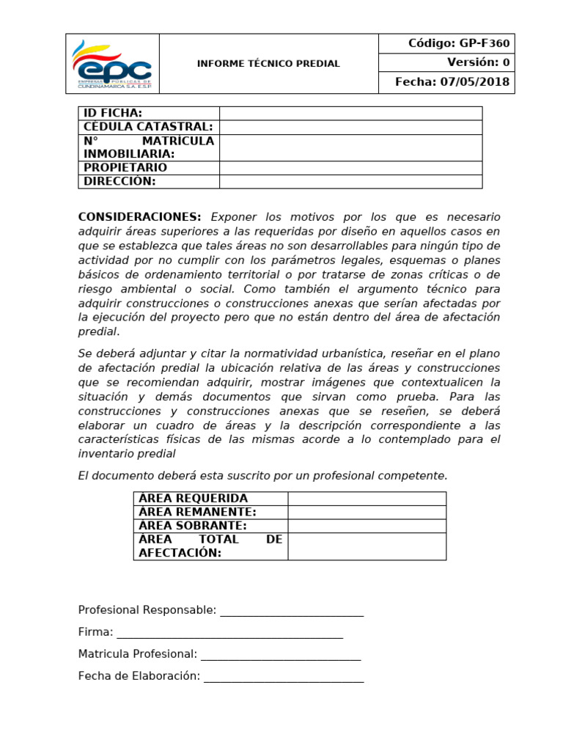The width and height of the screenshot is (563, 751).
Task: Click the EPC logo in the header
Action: pyautogui.click(x=112, y=64)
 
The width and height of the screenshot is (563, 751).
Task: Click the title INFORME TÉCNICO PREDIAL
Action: pyautogui.click(x=268, y=64)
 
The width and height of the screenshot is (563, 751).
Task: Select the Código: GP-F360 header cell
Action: pyautogui.click(x=446, y=44)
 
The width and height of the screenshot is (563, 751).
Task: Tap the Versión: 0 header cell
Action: pyautogui.click(x=446, y=62)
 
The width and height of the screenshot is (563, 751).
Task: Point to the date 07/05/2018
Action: pyautogui.click(x=474, y=82)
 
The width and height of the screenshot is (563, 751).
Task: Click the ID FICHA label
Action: pyautogui.click(x=113, y=113)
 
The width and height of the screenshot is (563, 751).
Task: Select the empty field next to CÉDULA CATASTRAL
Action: pyautogui.click(x=350, y=127)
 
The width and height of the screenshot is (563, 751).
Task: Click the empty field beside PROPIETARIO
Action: pyautogui.click(x=350, y=168)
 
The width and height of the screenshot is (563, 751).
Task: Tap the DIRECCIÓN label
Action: pyautogui.click(x=119, y=182)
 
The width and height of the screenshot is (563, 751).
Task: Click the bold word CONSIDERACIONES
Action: pyautogui.click(x=139, y=217)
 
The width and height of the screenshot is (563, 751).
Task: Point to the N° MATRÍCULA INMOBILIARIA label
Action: pyautogui.click(x=149, y=147)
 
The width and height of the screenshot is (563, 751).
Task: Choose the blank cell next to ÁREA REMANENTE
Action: pyautogui.click(x=367, y=512)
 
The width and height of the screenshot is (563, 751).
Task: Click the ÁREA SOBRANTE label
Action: pyautogui.click(x=193, y=526)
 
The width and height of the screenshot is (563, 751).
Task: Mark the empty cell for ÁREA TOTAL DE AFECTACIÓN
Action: pyautogui.click(x=367, y=546)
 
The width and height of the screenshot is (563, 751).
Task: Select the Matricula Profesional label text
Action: pyautogui.click(x=138, y=654)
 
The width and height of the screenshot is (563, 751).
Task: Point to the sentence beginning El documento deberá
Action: pyautogui.click(x=262, y=476)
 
